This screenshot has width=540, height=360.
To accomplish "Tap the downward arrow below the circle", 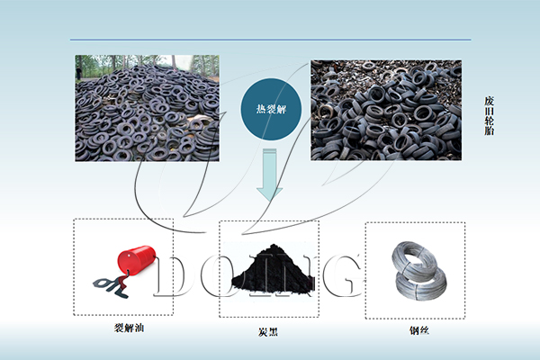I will [268, 175].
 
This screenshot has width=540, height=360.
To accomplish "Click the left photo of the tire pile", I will [147, 108].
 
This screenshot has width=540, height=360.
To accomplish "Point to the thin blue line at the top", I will [270, 40].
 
